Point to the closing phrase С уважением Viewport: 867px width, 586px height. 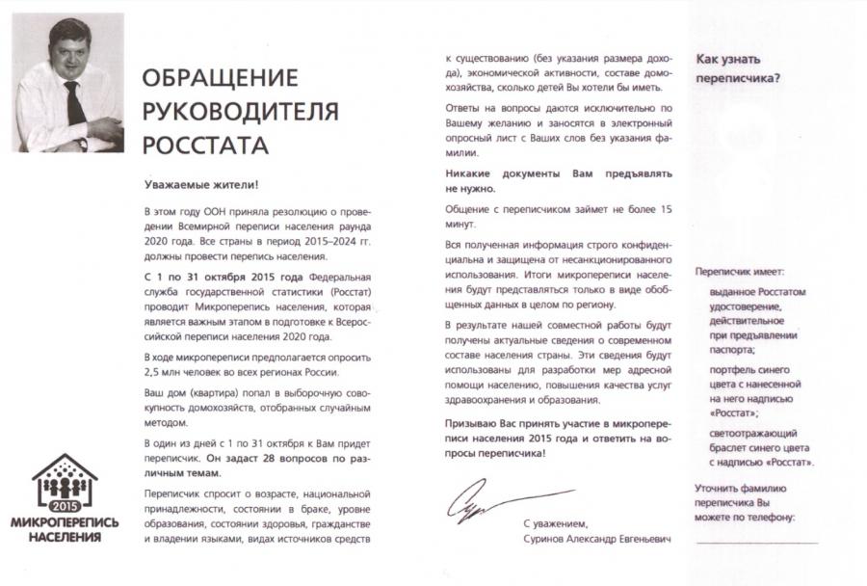pos(555,522)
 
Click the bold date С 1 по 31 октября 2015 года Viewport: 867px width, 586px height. pos(213,277)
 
